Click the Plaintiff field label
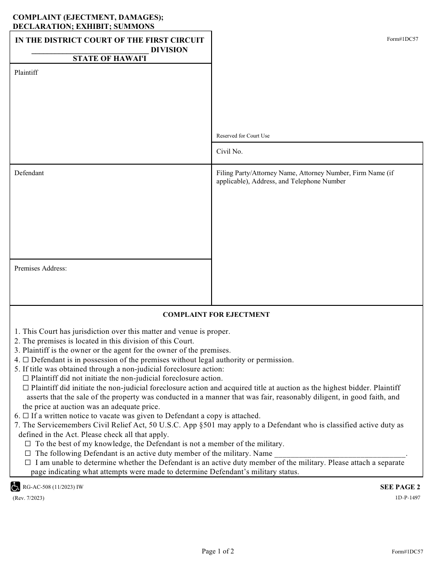26,72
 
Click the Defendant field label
29,173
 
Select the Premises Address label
40,268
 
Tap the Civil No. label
229,151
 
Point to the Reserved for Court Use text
243,136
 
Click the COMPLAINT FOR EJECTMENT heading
216,315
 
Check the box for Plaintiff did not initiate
26,378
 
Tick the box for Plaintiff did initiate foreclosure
26,388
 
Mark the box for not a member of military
28,444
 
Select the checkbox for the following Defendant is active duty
28,453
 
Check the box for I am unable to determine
28,463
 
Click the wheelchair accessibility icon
15,487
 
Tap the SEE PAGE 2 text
400,487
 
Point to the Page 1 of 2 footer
218,551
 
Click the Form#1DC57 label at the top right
402,39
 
